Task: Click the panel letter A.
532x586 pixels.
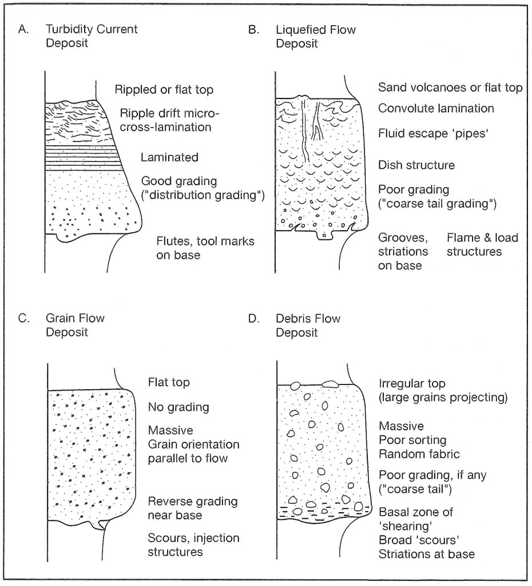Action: click(x=23, y=29)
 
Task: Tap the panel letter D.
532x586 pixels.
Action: click(x=253, y=319)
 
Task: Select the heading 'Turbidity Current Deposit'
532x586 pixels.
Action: click(x=92, y=36)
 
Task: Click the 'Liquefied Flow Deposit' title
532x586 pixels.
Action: click(x=316, y=37)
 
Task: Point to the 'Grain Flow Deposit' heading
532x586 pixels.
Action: click(x=75, y=325)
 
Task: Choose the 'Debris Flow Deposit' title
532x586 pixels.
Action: click(x=308, y=326)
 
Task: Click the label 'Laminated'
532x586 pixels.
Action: click(x=169, y=157)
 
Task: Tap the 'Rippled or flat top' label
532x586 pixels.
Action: click(x=164, y=90)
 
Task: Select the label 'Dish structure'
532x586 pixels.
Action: click(x=416, y=165)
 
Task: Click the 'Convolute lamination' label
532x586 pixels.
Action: click(x=436, y=108)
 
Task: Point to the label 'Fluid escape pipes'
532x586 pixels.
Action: click(x=434, y=133)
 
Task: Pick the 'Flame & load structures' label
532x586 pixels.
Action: click(x=482, y=244)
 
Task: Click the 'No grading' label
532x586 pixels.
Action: click(x=178, y=407)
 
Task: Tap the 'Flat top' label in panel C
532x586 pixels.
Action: click(x=169, y=382)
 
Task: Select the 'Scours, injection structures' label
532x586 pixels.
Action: click(x=193, y=545)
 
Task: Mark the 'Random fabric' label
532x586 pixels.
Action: click(x=419, y=454)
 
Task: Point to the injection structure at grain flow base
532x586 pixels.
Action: click(x=100, y=524)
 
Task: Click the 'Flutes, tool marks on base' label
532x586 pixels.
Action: click(x=205, y=248)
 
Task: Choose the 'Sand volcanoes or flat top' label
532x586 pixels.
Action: click(x=450, y=88)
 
